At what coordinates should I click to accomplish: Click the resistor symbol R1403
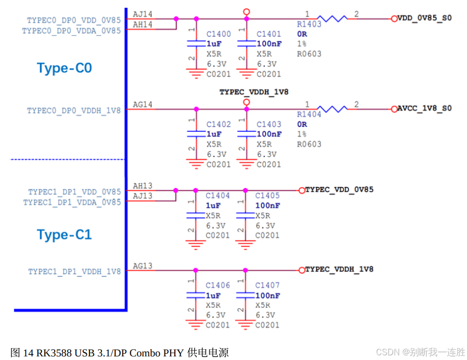pyautogui.click(x=332, y=19)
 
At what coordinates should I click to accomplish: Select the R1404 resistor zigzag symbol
pyautogui.click(x=332, y=109)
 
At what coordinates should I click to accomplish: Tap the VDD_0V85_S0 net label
pyautogui.click(x=424, y=18)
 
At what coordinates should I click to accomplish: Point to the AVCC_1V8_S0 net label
pyautogui.click(x=424, y=109)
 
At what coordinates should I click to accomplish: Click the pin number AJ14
pyautogui.click(x=143, y=14)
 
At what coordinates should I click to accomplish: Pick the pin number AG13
pyautogui.click(x=143, y=266)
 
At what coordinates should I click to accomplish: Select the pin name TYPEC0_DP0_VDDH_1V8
pyautogui.click(x=74, y=111)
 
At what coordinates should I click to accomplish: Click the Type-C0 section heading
pyautogui.click(x=64, y=68)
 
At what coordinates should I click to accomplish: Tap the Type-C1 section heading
pyautogui.click(x=64, y=235)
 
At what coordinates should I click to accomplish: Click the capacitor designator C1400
pyautogui.click(x=219, y=34)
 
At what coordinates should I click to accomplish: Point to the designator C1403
pyautogui.click(x=269, y=124)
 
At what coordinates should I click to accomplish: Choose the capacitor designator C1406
pyautogui.click(x=218, y=285)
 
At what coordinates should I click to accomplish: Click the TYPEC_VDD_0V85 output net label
pyautogui.click(x=339, y=190)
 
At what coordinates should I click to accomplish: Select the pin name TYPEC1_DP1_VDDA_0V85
pyautogui.click(x=72, y=202)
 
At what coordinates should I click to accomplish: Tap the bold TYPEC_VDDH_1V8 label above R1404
pyautogui.click(x=254, y=92)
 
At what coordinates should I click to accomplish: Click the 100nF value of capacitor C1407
pyautogui.click(x=267, y=295)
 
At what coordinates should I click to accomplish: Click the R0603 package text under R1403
pyautogui.click(x=309, y=54)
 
